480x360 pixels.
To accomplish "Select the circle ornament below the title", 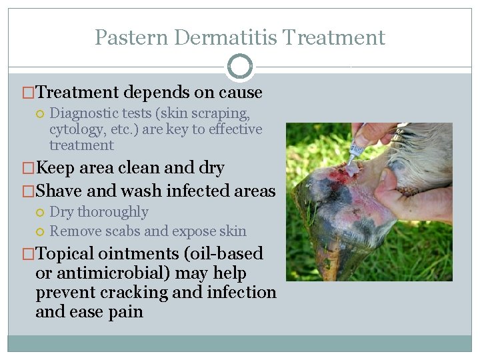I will coord(240,67).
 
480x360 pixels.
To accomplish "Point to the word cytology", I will coord(75,129).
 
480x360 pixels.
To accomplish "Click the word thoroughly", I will coord(113,212).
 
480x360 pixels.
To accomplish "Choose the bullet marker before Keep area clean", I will coord(29,168).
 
